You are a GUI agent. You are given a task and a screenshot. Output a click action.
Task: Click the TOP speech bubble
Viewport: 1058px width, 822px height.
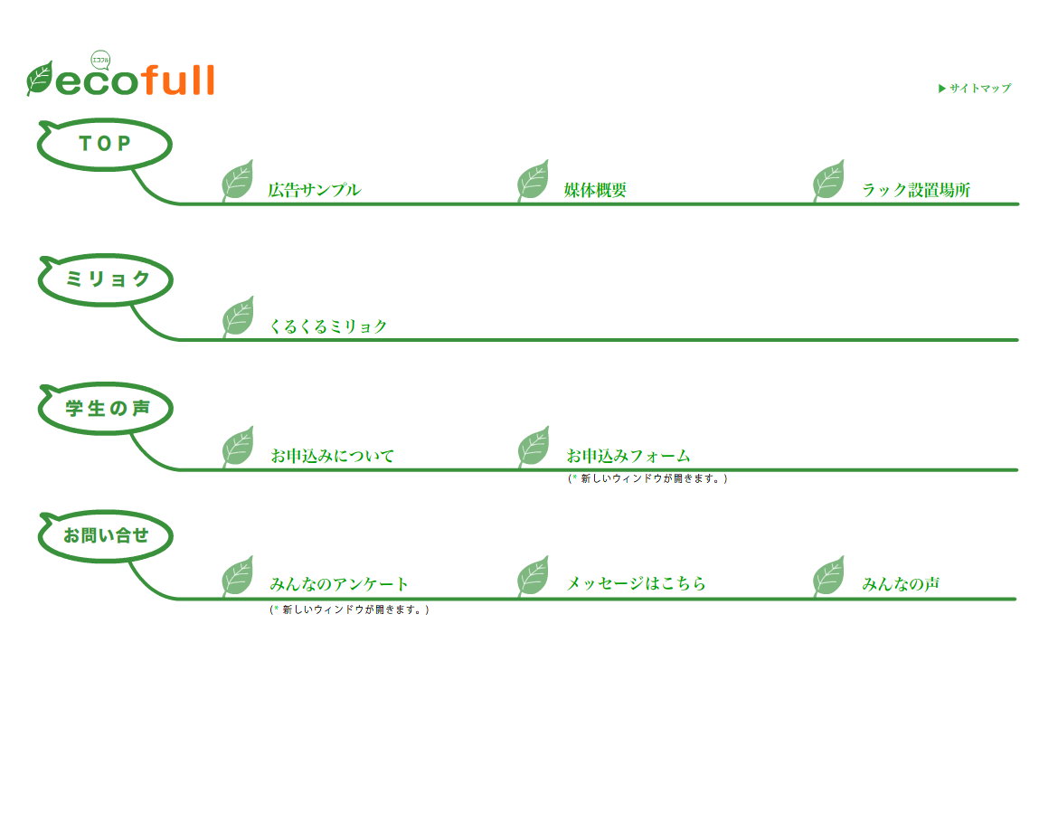coord(105,144)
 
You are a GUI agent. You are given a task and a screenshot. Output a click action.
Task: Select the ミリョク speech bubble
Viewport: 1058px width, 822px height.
coord(106,279)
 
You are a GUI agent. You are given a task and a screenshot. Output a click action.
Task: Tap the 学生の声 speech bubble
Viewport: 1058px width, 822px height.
coord(106,409)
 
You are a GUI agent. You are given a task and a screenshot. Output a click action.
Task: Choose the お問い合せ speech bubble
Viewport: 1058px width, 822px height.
coord(106,535)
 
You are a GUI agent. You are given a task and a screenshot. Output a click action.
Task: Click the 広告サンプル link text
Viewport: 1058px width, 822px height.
coord(314,190)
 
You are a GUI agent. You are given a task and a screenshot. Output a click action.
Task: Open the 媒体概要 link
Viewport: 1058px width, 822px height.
coord(595,190)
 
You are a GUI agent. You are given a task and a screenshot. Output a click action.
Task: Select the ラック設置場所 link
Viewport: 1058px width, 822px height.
coord(915,190)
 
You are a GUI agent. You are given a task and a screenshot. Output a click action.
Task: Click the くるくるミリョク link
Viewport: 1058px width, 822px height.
coord(328,326)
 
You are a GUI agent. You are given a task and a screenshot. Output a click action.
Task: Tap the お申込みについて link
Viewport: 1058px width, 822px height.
coord(332,456)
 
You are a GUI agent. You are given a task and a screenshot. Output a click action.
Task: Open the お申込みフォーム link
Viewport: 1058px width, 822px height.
coord(628,456)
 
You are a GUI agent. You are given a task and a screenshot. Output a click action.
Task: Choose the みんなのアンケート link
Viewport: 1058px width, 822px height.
coord(339,584)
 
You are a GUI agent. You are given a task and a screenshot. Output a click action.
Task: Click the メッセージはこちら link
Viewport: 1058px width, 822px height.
coord(636,584)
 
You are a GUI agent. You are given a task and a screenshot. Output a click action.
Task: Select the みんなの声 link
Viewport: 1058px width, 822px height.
coord(900,584)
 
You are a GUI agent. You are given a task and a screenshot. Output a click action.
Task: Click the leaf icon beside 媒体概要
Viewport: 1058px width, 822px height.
coord(533,181)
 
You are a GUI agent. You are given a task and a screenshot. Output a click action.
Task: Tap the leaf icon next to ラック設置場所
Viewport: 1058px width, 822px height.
coord(828,181)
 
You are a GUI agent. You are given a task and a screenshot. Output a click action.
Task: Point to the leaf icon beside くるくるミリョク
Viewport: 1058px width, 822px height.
coord(238,317)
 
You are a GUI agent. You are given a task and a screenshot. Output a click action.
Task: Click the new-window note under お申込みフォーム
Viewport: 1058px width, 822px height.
coord(647,478)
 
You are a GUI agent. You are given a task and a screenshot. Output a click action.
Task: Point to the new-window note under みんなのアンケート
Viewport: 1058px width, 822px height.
coord(349,609)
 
